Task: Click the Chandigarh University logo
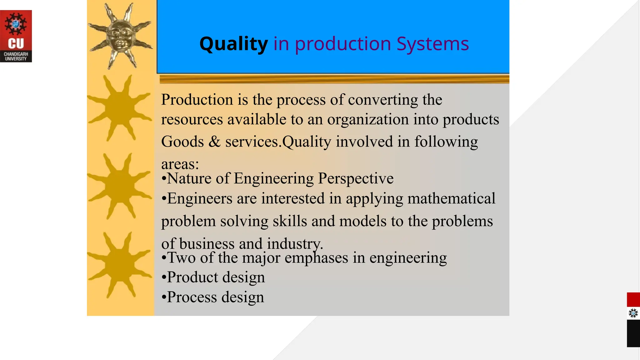click(16, 36)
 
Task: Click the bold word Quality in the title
click(233, 44)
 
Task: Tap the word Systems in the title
click(432, 44)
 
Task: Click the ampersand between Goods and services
click(214, 142)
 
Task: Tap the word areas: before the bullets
click(180, 164)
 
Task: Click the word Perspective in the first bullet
click(356, 179)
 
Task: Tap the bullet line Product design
click(213, 277)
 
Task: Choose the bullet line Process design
click(213, 297)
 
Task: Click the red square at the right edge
click(633, 300)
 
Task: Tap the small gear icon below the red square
click(633, 313)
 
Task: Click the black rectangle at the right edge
click(633, 333)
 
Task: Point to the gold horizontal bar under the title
click(334, 79)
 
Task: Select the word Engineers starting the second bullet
click(200, 199)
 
